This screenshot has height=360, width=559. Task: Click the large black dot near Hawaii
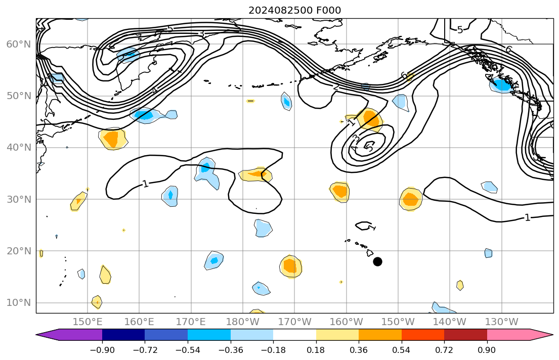click(x=377, y=261)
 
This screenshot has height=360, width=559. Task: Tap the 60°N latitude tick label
click(x=18, y=44)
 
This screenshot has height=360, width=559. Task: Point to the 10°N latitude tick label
click(x=18, y=302)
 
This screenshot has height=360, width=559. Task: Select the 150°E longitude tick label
click(x=88, y=322)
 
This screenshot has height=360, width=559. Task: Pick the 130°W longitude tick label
click(x=501, y=322)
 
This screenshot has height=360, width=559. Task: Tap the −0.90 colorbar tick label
click(x=102, y=349)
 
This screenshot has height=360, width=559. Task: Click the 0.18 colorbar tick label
click(x=316, y=349)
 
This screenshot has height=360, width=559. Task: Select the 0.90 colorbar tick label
click(x=487, y=349)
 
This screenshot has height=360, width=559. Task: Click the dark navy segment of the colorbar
click(x=123, y=335)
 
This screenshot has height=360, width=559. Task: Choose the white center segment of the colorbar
click(x=294, y=335)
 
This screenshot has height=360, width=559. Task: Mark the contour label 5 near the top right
click(x=459, y=30)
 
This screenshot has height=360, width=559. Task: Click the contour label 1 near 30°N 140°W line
click(x=527, y=217)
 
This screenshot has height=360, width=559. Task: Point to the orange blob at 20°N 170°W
click(x=290, y=265)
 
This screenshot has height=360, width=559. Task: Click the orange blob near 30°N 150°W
click(x=410, y=199)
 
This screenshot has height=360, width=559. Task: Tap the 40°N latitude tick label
click(x=18, y=147)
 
